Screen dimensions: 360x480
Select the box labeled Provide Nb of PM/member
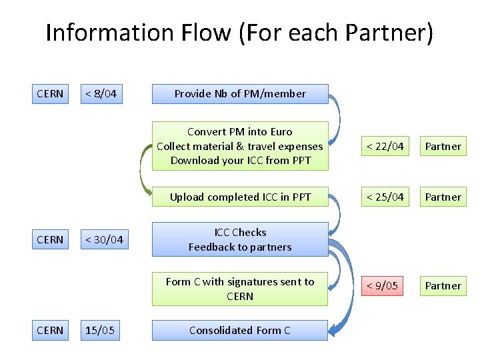click(240, 94)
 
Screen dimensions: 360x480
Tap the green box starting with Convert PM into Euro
click(240, 146)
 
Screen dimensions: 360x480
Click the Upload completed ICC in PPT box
click(240, 197)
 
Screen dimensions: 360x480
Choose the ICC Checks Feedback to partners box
click(240, 240)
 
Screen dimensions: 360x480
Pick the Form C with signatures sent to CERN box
click(240, 289)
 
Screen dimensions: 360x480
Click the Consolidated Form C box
click(240, 330)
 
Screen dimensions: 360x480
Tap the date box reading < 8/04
click(101, 94)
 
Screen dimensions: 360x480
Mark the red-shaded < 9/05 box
click(383, 286)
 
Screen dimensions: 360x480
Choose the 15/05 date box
click(101, 330)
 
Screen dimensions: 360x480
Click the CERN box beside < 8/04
click(51, 94)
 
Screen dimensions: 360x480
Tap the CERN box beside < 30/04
click(51, 240)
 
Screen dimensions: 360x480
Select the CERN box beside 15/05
click(51, 330)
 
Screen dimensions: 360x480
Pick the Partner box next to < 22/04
click(443, 146)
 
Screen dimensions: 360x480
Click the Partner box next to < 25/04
click(443, 197)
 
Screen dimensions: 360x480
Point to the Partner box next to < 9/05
click(443, 286)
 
